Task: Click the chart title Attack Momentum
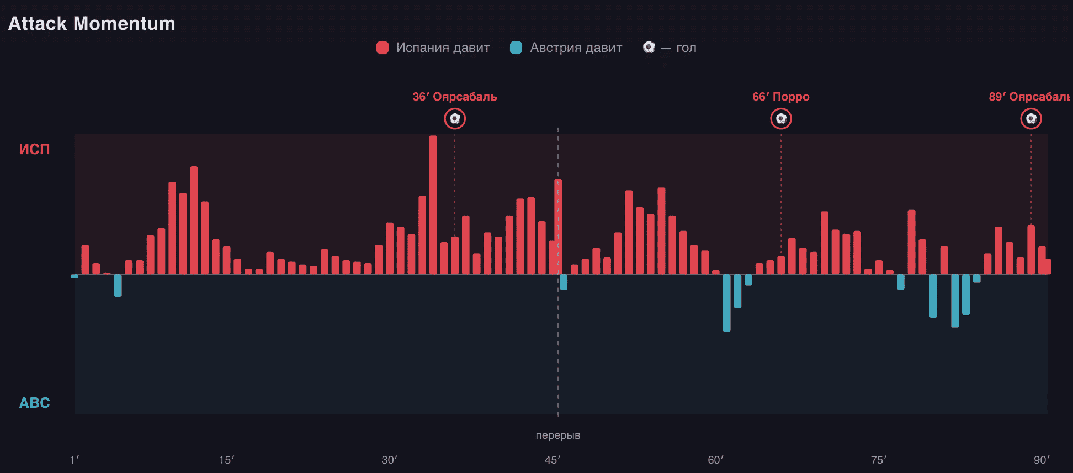coord(92,23)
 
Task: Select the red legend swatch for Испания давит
coord(383,48)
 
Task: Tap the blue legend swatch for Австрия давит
coord(516,48)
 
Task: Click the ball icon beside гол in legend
coord(649,47)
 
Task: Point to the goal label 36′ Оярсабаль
coord(455,97)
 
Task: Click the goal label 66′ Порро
coord(781,97)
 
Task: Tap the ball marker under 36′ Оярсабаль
coord(455,118)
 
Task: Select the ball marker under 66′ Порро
coord(781,118)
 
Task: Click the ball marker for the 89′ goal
coord(1031,118)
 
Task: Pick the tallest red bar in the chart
coord(433,205)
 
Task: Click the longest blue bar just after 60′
coord(727,303)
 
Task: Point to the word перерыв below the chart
coord(558,435)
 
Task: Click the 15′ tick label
coord(226,460)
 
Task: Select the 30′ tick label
coord(389,460)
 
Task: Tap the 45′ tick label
coord(552,460)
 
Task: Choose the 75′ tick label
coord(879,460)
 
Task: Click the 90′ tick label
coord(1042,460)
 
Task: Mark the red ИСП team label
coord(34,149)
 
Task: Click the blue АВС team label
coord(34,403)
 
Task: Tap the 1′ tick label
coord(75,460)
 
